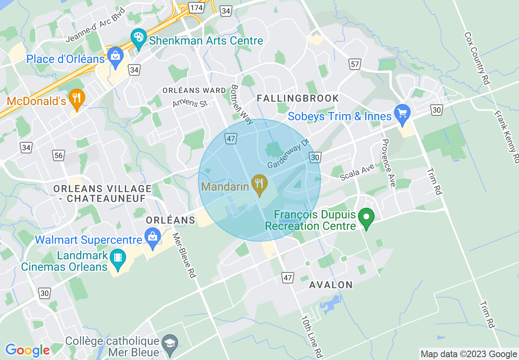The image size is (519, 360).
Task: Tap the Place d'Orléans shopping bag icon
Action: [x=115, y=57]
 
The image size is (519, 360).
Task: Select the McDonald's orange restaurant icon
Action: [x=76, y=99]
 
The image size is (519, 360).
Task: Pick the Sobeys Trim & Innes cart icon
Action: [x=402, y=113]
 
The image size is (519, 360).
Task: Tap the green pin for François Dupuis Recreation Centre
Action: [x=366, y=218]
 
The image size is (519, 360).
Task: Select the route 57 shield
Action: [x=355, y=63]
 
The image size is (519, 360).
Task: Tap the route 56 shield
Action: [x=59, y=155]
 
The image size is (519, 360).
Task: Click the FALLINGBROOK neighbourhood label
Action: [x=298, y=98]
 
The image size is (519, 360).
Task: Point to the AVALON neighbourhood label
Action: [x=331, y=285]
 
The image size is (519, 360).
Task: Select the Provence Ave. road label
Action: [x=388, y=164]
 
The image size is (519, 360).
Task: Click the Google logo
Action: [x=27, y=350]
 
